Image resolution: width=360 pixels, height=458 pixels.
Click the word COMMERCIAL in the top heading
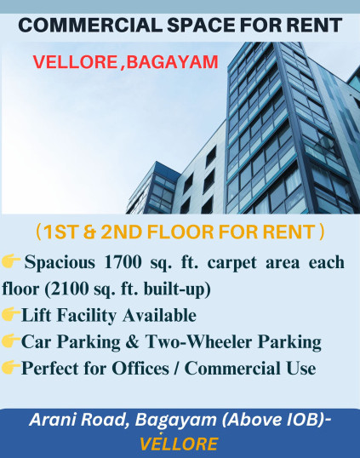coord(90,26)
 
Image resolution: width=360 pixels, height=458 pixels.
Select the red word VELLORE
coord(75,62)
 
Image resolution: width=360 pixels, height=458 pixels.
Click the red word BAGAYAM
coord(172,62)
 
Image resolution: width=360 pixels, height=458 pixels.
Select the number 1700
coord(123,262)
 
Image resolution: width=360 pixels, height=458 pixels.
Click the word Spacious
coord(60,262)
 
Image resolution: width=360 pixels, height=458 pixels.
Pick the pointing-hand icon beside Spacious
coord(11,260)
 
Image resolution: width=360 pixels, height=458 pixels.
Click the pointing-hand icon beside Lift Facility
coord(11,314)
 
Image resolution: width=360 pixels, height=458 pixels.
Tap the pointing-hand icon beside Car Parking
coord(11,341)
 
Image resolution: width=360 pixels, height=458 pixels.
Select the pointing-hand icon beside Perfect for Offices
coord(11,367)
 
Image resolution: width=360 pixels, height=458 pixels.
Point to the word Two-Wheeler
coord(198,341)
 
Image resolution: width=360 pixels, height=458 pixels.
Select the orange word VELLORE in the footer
coord(179,444)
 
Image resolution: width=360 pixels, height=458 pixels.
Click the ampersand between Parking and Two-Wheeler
coord(132,341)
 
